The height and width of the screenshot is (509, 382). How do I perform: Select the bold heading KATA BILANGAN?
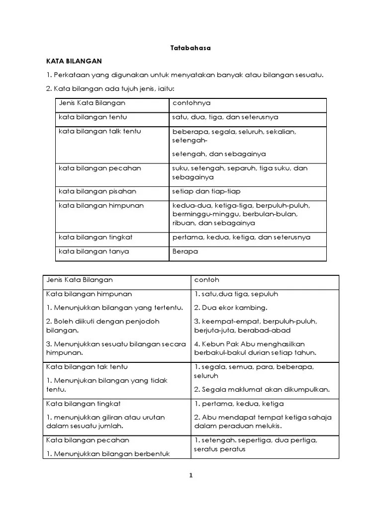74,61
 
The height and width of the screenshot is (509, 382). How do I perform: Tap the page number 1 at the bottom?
191,475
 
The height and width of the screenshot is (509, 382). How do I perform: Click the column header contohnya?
191,103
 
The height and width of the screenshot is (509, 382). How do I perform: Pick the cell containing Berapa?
185,252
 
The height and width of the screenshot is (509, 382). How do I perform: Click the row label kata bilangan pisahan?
97,191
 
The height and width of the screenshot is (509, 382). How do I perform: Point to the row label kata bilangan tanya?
94,252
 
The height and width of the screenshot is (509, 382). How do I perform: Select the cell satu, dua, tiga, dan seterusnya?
225,117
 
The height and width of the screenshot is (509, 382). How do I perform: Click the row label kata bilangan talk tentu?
100,131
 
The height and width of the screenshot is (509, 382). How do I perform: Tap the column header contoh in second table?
206,280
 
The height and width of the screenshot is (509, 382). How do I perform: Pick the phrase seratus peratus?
219,449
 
